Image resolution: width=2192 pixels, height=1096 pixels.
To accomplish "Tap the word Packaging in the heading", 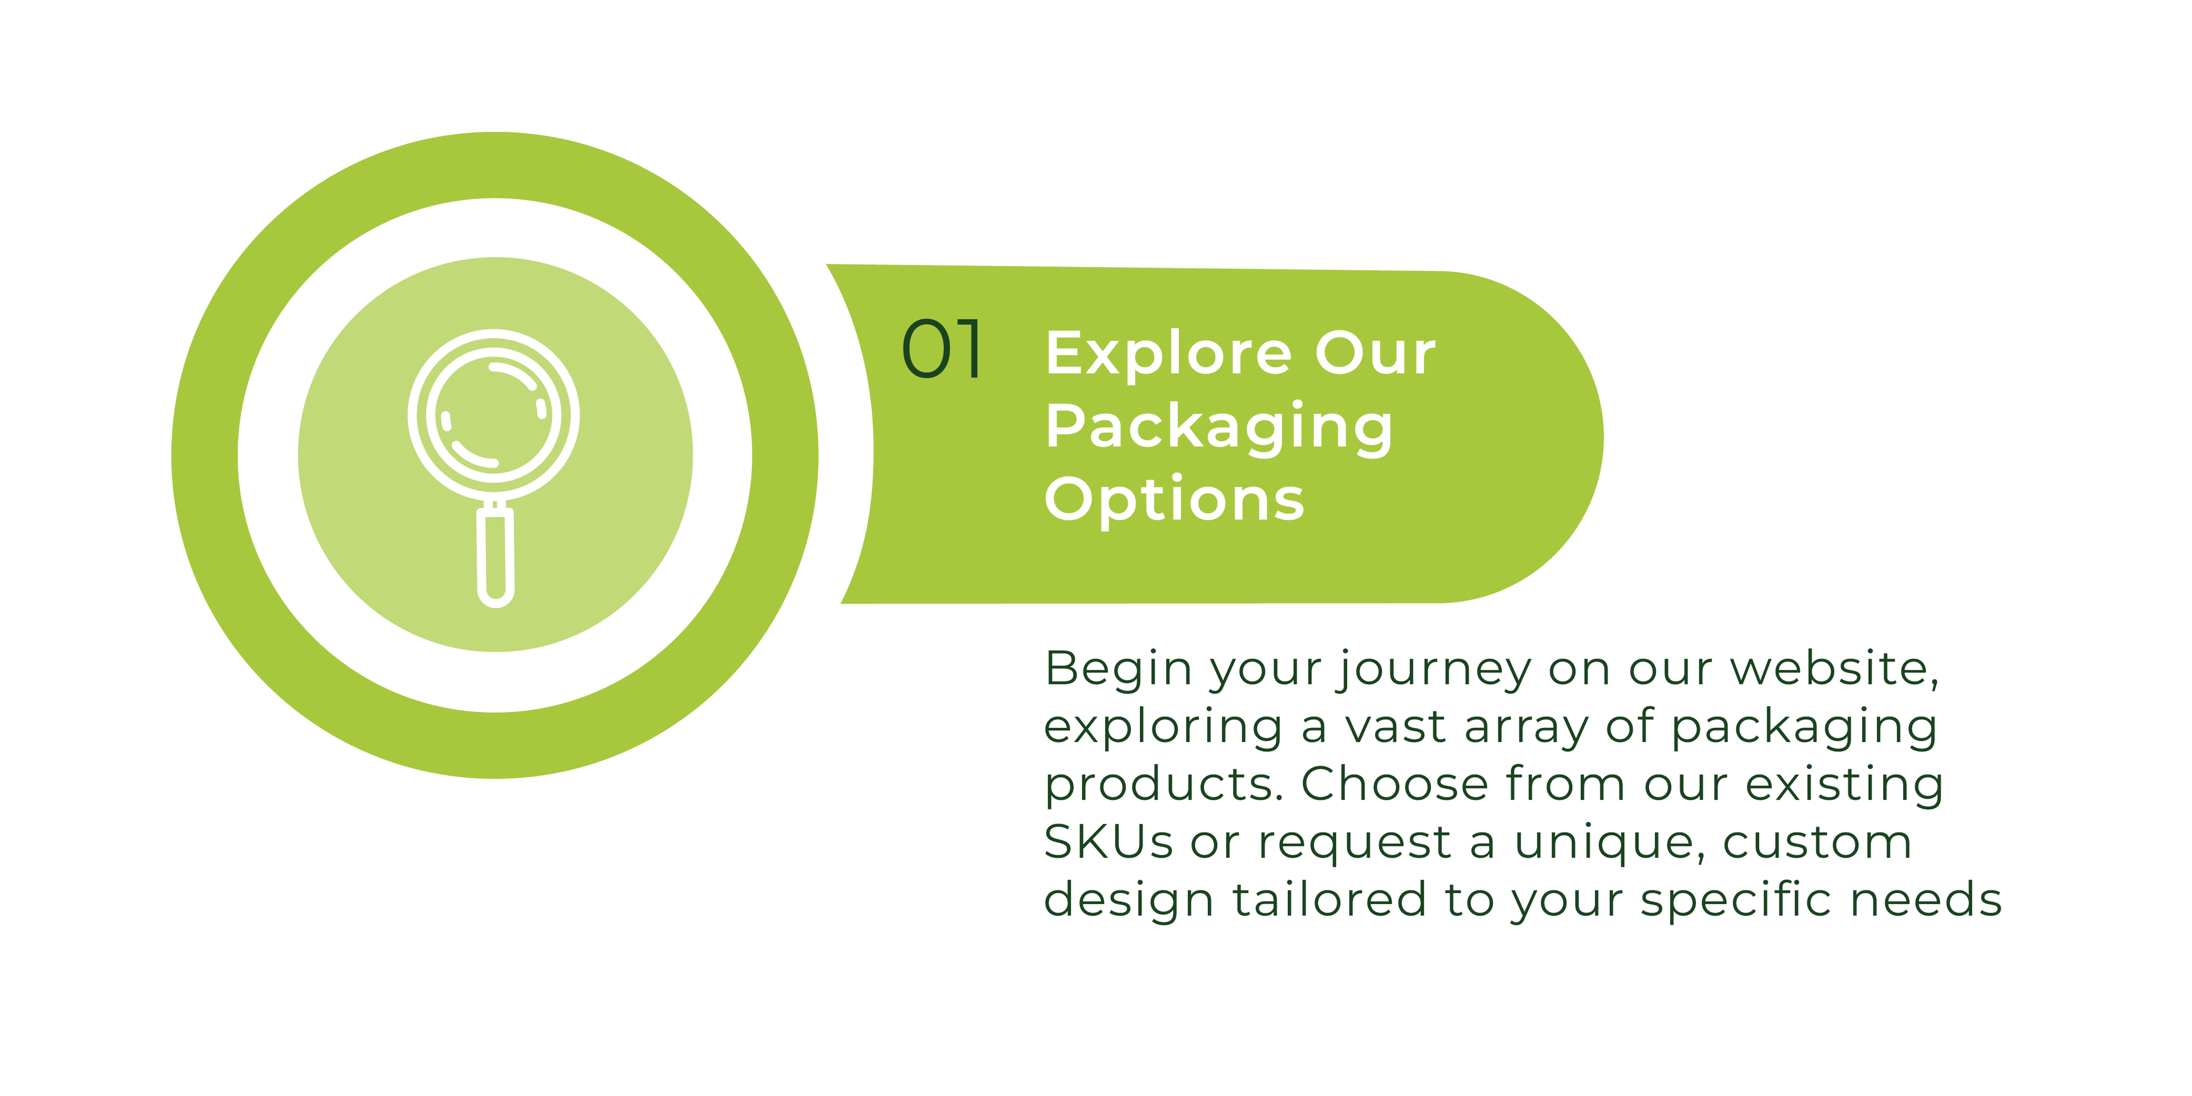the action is click(x=1219, y=428).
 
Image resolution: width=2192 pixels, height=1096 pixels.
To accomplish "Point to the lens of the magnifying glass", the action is click(x=494, y=415).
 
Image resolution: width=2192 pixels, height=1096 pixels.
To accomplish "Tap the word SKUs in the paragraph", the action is click(x=1109, y=843).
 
